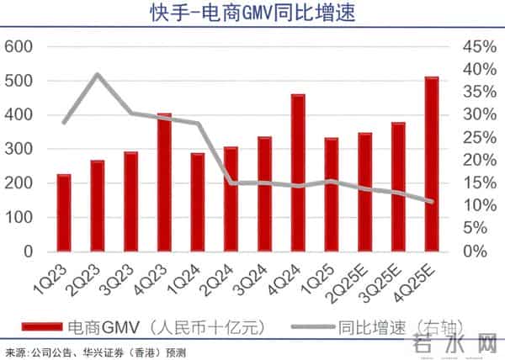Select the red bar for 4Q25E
tap(431, 164)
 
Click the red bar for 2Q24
tap(231, 199)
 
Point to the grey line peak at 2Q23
tap(97, 74)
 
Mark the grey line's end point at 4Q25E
tap(431, 202)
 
